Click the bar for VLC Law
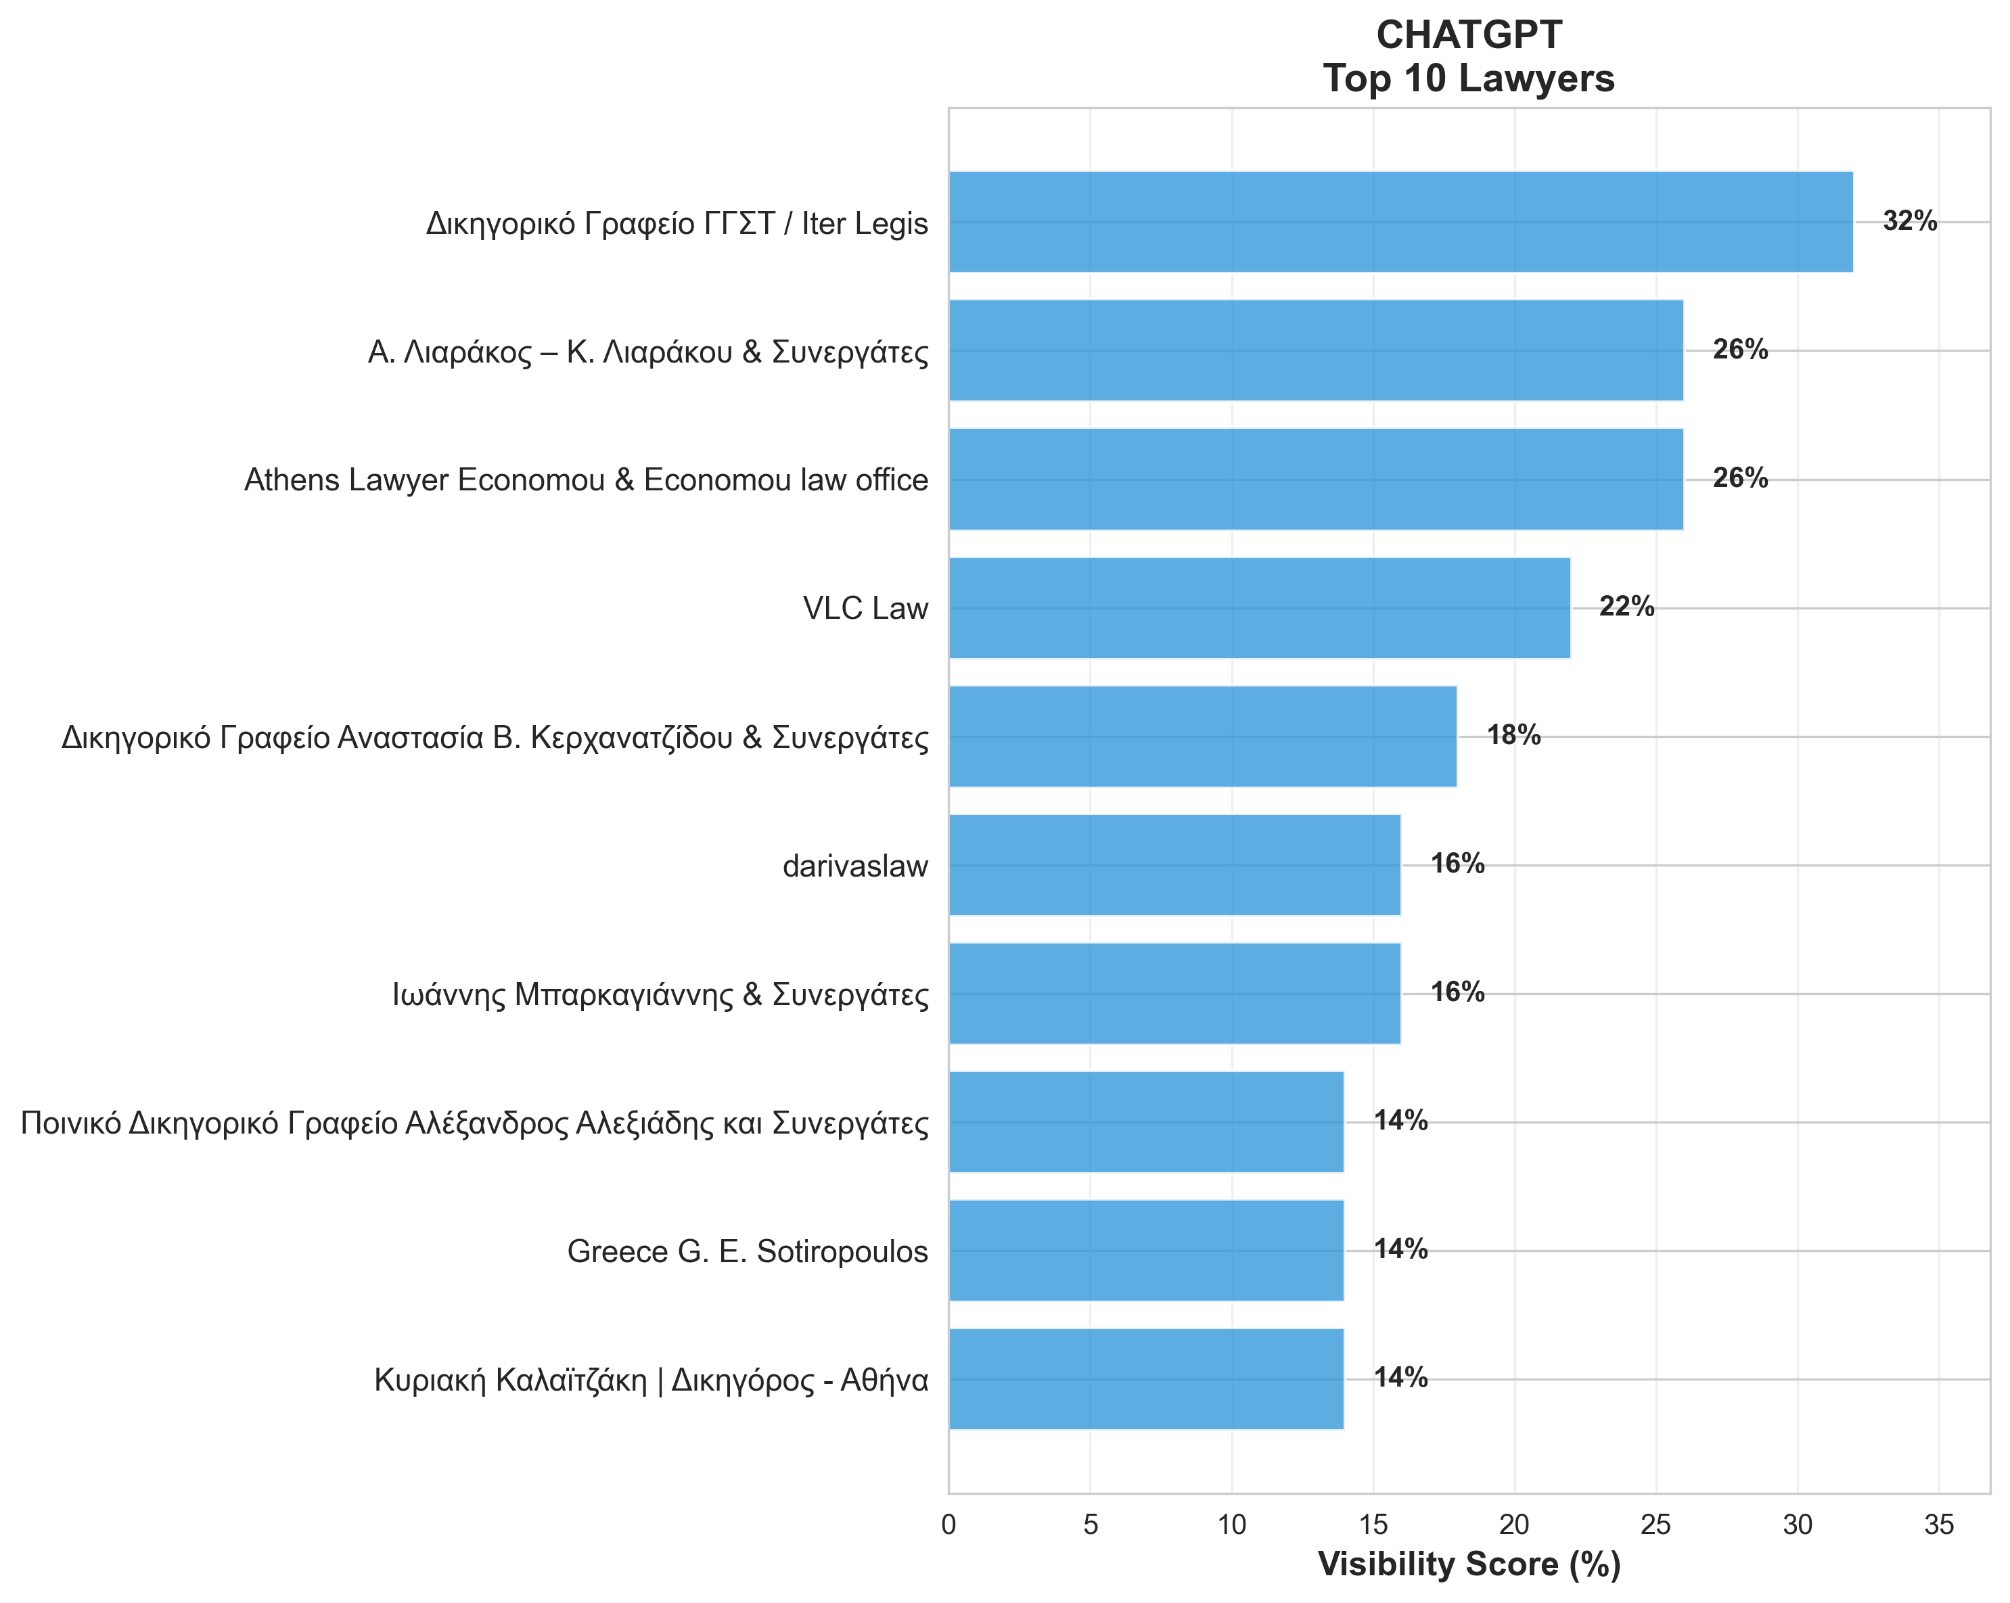[1258, 607]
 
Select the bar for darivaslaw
[1174, 865]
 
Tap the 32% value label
[1909, 222]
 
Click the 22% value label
[1626, 607]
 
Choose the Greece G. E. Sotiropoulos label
[747, 1251]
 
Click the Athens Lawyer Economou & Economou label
[585, 480]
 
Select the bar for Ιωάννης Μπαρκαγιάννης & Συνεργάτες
[1174, 994]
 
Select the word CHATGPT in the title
[1468, 35]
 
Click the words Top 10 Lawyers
[1468, 78]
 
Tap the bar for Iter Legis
[1400, 222]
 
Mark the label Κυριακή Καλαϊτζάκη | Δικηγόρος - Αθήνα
[651, 1379]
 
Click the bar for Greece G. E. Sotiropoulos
[1146, 1251]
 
